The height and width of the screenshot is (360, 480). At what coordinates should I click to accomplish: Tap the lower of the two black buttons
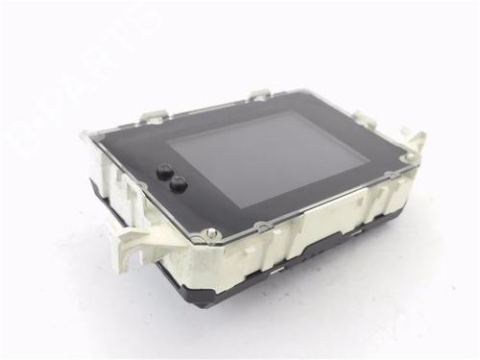(x=178, y=184)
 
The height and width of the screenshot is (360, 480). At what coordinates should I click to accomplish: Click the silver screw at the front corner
(x=211, y=232)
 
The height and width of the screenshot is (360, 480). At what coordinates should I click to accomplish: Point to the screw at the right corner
(x=408, y=156)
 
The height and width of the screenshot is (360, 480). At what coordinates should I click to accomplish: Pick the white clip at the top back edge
(x=260, y=94)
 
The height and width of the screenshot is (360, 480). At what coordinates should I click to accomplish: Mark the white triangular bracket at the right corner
(x=415, y=141)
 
